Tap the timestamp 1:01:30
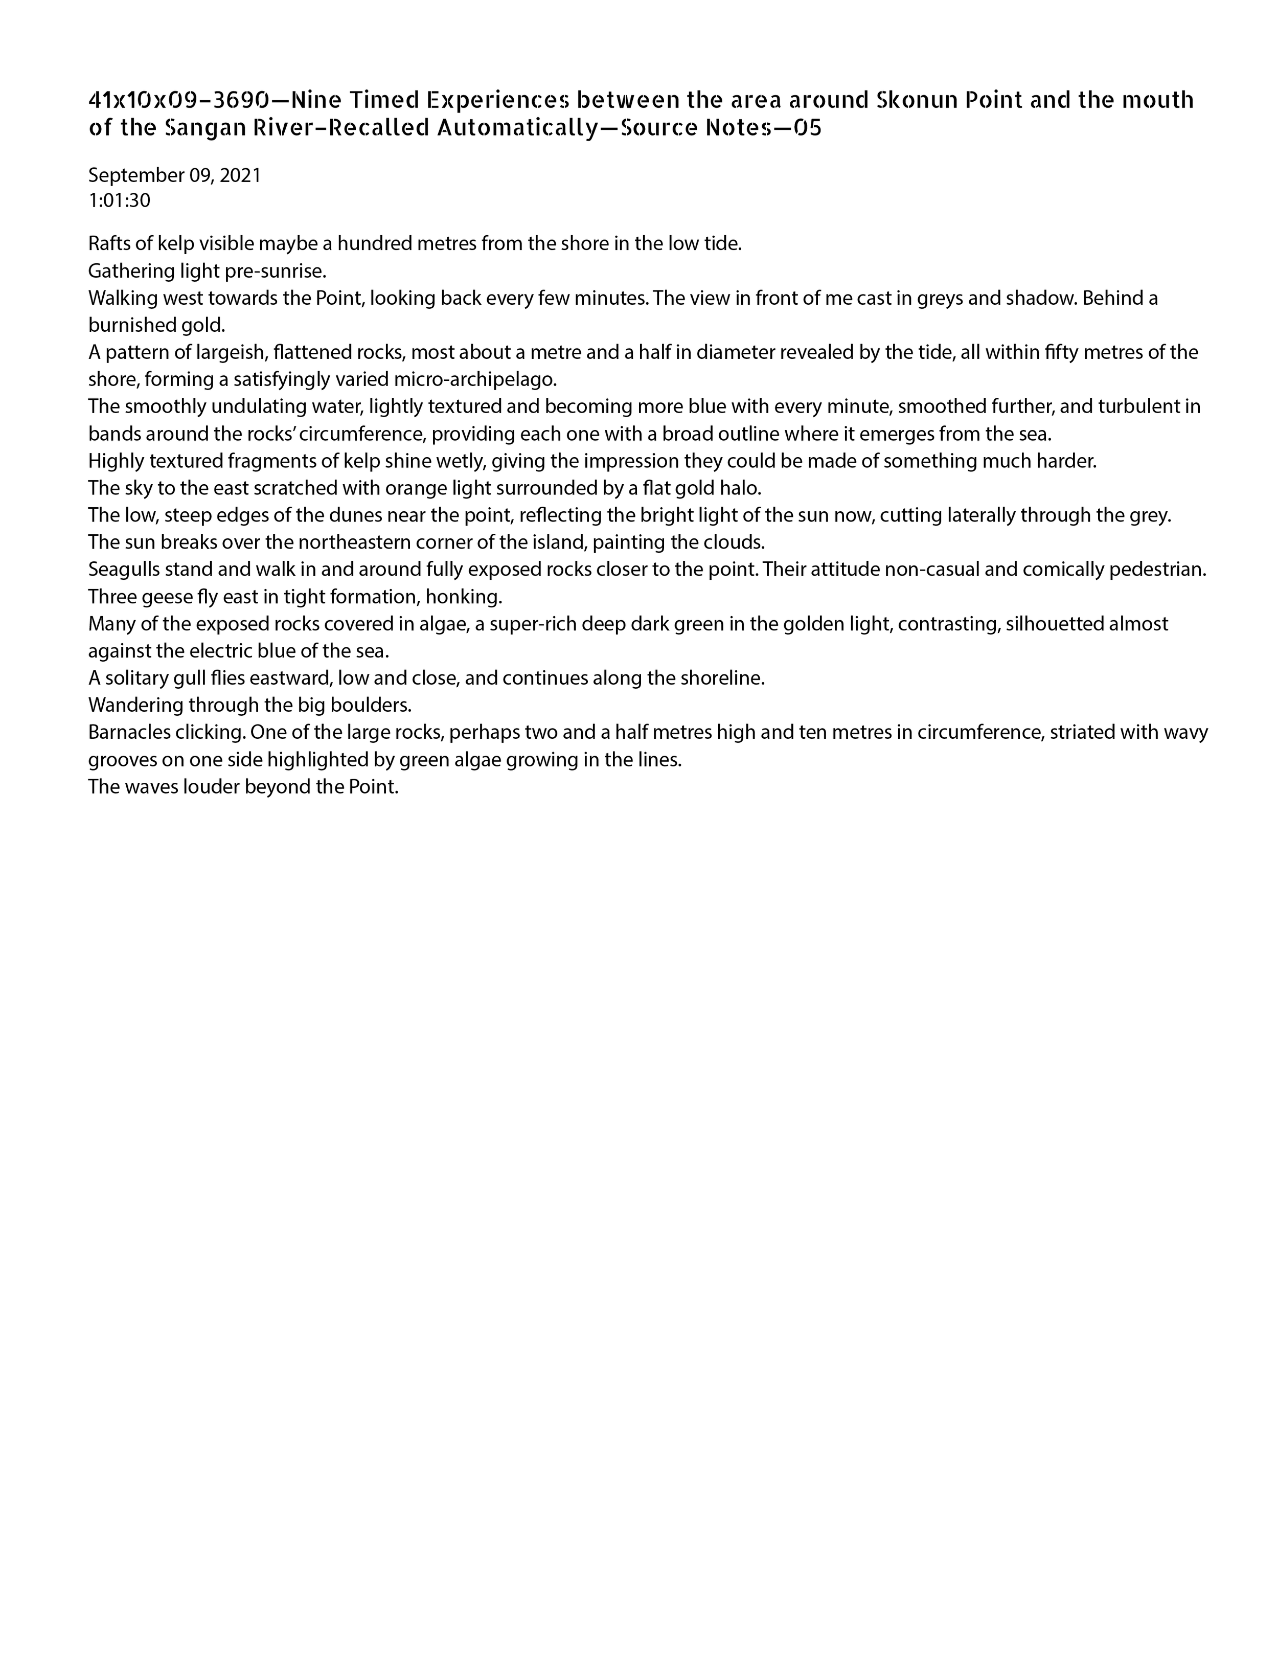120,201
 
